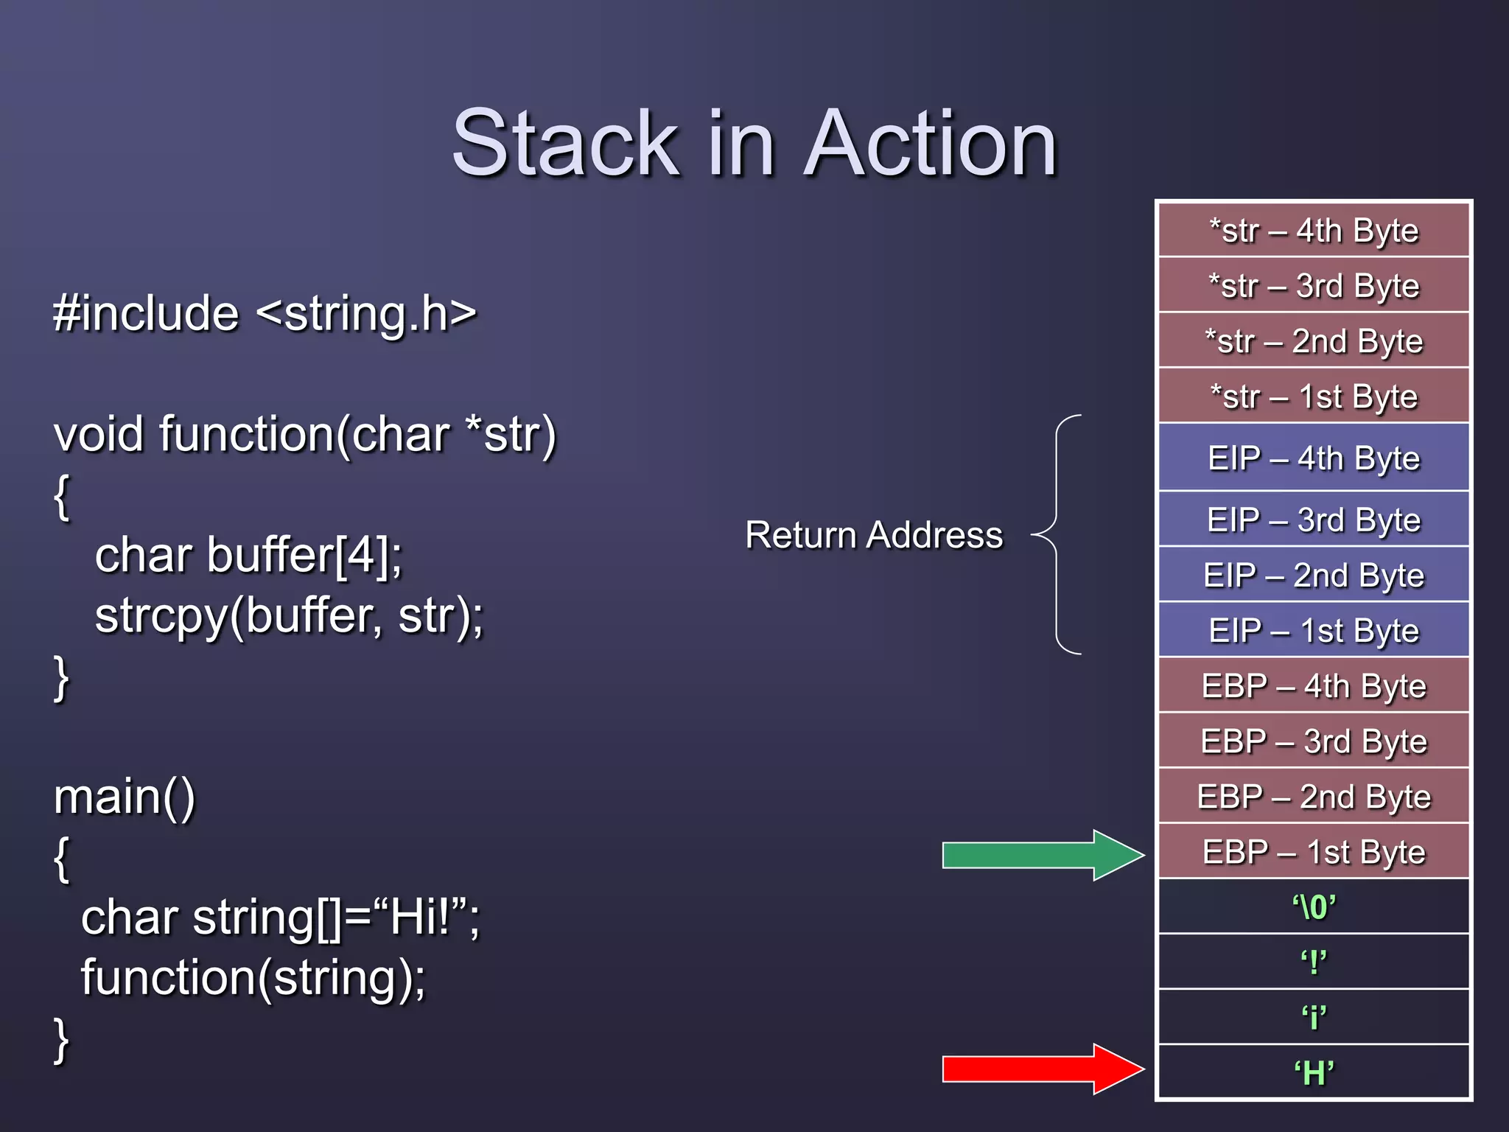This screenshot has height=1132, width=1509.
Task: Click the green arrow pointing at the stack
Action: [1039, 855]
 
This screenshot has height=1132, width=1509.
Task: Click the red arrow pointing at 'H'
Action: [1039, 1069]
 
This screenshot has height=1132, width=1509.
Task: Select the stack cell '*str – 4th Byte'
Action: [1314, 231]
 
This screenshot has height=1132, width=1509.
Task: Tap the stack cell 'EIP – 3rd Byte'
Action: [1314, 520]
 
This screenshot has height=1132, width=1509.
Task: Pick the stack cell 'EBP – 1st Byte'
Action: [1314, 852]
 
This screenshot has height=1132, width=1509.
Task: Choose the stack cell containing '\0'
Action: [1314, 907]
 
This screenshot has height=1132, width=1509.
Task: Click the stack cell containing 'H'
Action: [1314, 1073]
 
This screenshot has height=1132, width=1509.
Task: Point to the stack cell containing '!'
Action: [1314, 962]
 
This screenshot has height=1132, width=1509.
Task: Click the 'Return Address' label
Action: [874, 535]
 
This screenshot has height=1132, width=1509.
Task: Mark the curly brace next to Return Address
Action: [1058, 534]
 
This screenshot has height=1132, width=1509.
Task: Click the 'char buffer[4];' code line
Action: [249, 555]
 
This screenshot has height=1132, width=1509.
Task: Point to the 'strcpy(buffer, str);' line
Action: [289, 616]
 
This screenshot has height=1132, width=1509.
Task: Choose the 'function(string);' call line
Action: [253, 978]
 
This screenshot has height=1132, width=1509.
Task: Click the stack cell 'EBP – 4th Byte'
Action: [1314, 686]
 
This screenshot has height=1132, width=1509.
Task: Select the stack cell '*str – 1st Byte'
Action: [1314, 396]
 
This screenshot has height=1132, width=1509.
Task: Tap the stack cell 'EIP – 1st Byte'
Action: [1314, 631]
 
